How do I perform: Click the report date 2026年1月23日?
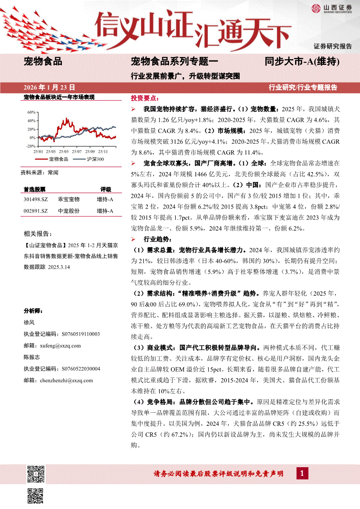click(50, 88)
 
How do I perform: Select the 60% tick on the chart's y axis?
click(31, 112)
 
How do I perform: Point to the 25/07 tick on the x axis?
click(77, 152)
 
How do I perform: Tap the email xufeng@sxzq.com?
click(59, 345)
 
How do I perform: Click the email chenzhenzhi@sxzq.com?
click(65, 380)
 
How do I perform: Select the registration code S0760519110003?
click(81, 334)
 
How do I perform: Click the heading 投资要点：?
click(145, 99)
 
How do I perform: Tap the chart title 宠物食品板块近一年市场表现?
click(59, 97)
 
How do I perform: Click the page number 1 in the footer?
click(302, 473)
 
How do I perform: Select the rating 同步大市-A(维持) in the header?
click(302, 62)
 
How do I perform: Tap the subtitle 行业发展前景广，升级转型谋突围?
click(185, 75)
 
